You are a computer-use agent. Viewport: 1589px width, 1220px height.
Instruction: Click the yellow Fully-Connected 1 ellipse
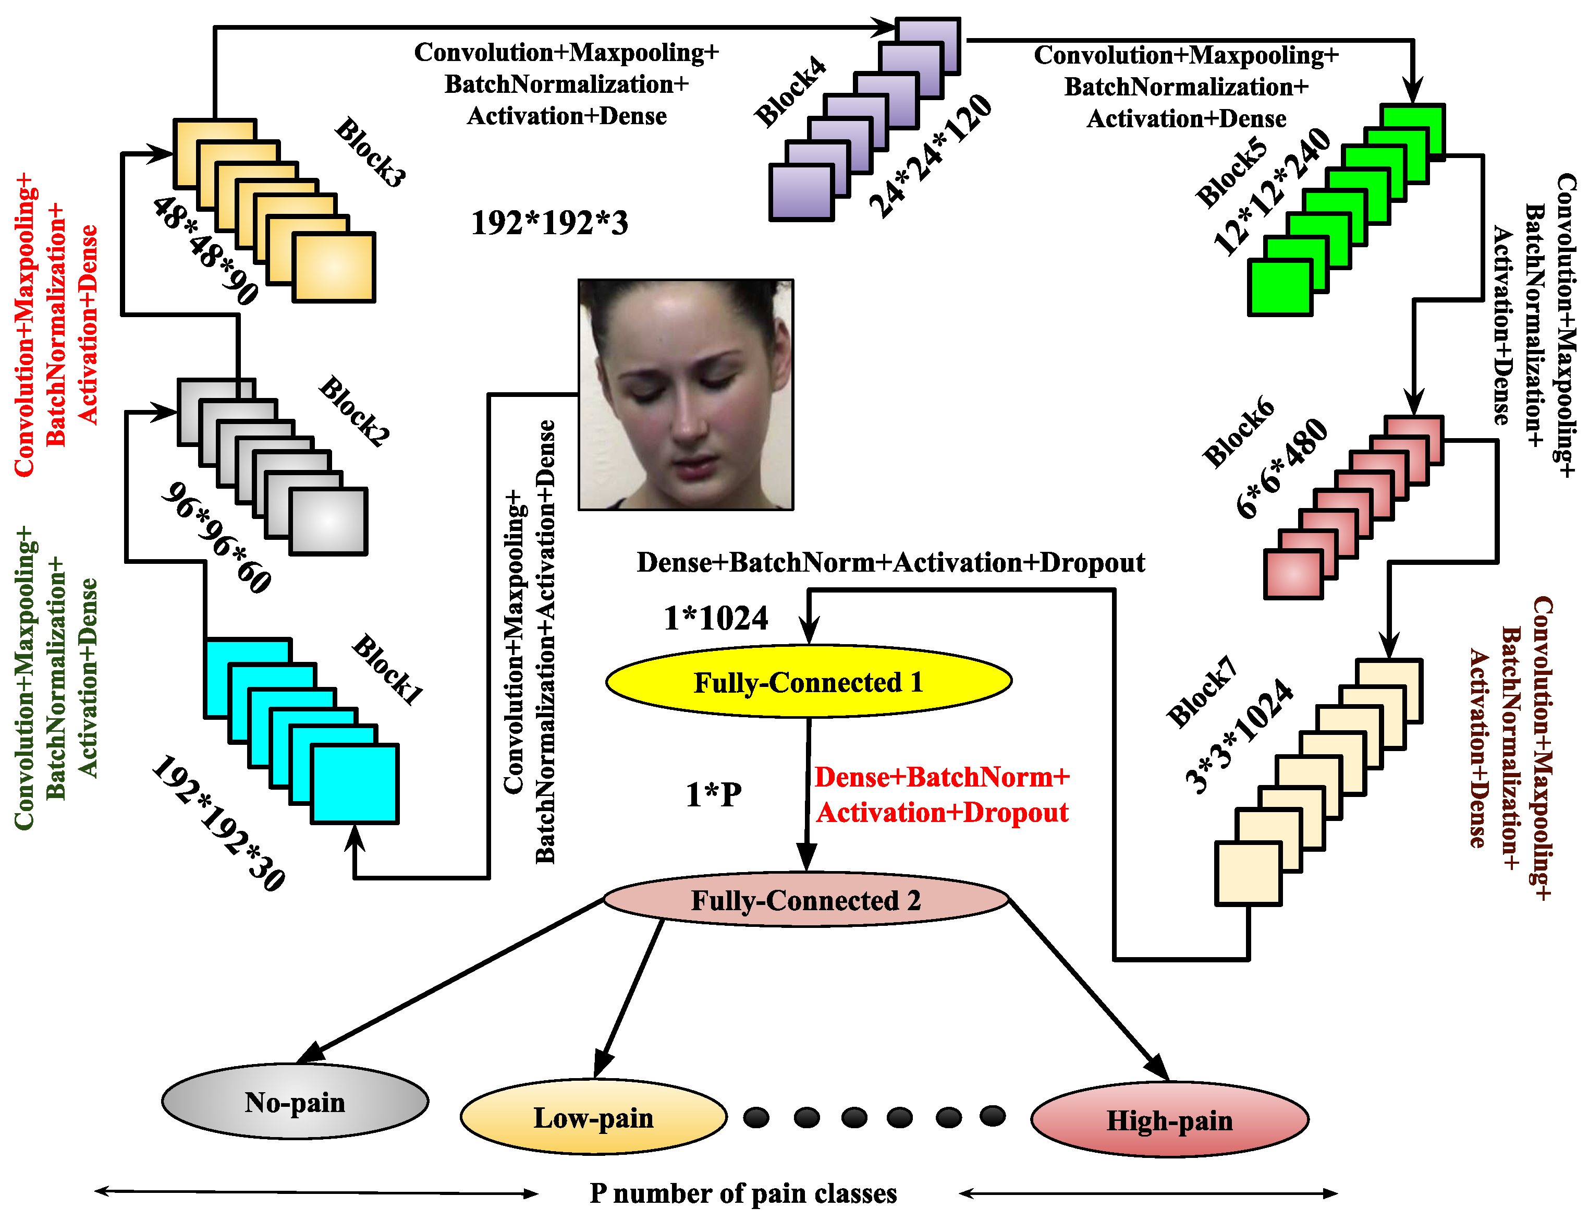(808, 682)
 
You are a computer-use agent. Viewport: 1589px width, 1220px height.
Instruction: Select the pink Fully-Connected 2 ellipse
(806, 900)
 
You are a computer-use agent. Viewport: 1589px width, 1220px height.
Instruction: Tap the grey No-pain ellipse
(295, 1102)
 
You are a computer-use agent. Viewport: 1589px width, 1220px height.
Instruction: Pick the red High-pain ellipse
(1169, 1120)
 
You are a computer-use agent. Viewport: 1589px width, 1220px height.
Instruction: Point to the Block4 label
(790, 92)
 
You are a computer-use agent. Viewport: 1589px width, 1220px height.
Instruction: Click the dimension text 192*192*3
(549, 223)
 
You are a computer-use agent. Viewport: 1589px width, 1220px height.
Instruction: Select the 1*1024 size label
(716, 619)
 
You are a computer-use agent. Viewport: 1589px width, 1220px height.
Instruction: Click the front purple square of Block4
(801, 192)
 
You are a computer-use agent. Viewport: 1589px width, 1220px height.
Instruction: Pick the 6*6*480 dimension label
(1282, 468)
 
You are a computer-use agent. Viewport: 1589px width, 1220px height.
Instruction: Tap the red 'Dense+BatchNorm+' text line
(942, 778)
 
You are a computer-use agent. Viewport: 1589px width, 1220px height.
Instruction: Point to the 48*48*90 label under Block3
(205, 250)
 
